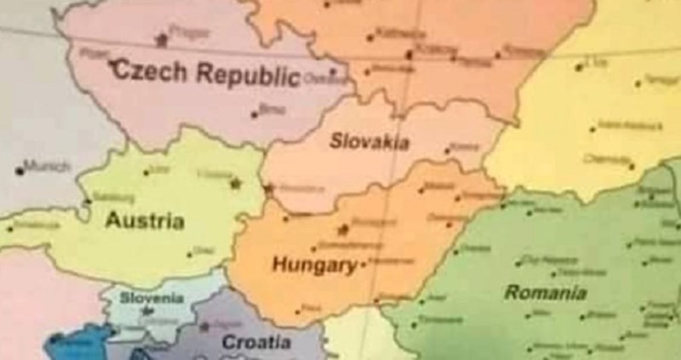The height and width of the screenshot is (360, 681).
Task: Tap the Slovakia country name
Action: point(369,141)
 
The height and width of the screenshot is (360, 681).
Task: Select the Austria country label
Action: point(145,220)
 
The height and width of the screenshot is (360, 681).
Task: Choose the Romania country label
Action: point(545,293)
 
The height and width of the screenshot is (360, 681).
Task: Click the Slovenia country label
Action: point(152,298)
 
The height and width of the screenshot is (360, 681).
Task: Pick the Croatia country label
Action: point(256,342)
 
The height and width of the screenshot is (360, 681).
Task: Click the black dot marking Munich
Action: point(19,170)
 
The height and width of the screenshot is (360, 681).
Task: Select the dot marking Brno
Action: point(254,112)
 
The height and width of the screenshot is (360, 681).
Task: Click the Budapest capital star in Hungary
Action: point(344,228)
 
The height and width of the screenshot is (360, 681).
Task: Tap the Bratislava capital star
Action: point(270,188)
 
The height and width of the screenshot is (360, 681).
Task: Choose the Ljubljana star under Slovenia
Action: point(144,312)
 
